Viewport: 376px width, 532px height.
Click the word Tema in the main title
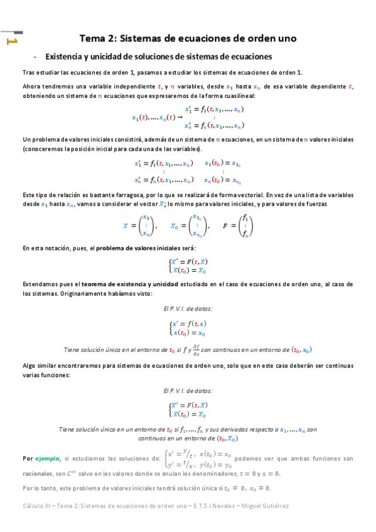[93, 38]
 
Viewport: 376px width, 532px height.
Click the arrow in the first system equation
[179, 117]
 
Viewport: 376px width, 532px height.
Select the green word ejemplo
[48, 459]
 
